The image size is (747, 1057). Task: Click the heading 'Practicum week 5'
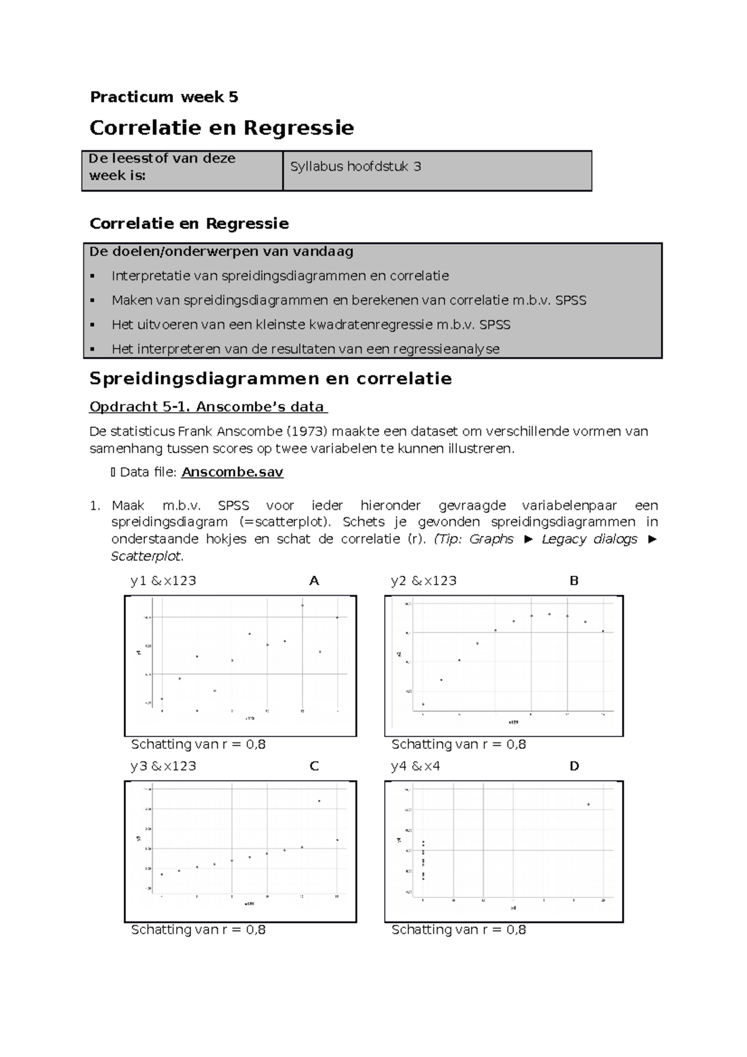(x=164, y=97)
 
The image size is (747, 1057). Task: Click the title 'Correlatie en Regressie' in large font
(x=222, y=128)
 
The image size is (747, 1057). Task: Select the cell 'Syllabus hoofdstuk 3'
(x=355, y=167)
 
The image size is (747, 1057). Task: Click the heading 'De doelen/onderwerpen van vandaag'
(x=222, y=252)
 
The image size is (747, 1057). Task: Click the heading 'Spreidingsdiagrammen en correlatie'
(x=270, y=378)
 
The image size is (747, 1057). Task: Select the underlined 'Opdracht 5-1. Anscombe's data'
(x=207, y=407)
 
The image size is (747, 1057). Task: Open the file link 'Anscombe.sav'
(x=232, y=472)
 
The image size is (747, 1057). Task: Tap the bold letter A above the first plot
(x=314, y=581)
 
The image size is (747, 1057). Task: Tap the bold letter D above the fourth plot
(x=574, y=766)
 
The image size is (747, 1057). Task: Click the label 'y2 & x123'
(x=423, y=581)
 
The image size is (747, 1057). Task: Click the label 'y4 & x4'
(x=415, y=766)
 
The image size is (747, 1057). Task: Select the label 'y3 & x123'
(x=163, y=766)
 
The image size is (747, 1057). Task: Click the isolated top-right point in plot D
(x=588, y=805)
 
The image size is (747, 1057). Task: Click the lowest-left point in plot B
(x=423, y=705)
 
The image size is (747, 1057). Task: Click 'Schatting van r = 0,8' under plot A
(x=198, y=745)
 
